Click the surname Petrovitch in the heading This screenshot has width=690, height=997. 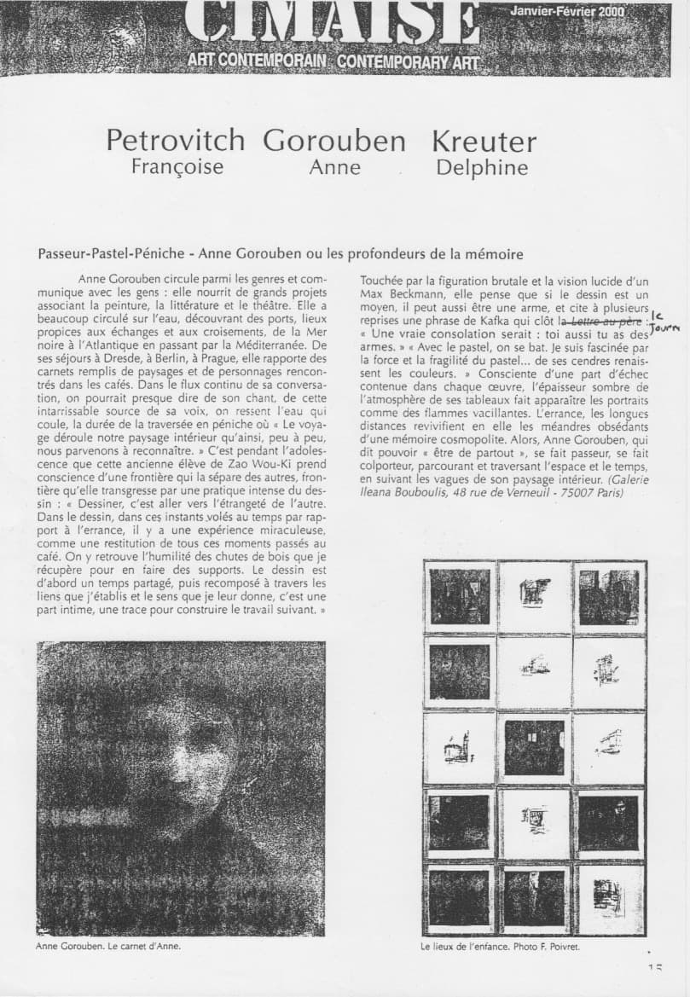pyautogui.click(x=176, y=141)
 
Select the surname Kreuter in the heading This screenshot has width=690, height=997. pyautogui.click(x=484, y=141)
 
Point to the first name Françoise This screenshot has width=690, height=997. pyautogui.click(x=177, y=166)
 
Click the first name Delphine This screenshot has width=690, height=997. pyautogui.click(x=482, y=166)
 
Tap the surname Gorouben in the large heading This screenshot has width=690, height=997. pyautogui.click(x=334, y=141)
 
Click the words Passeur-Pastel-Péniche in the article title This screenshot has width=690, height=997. pyautogui.click(x=110, y=254)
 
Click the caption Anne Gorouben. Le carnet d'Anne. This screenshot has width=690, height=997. pyautogui.click(x=108, y=946)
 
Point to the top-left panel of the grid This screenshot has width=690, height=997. pyautogui.click(x=460, y=596)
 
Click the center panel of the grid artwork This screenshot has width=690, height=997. pyautogui.click(x=535, y=747)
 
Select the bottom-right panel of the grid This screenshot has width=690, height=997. pyautogui.click(x=608, y=897)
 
